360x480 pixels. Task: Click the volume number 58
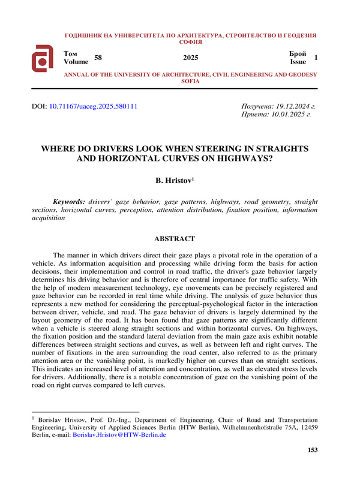[x=99, y=57]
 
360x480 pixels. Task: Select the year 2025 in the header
[x=190, y=58]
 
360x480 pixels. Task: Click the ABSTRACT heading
[x=175, y=239]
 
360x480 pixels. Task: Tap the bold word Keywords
[x=68, y=202]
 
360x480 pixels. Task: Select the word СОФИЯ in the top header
[x=190, y=43]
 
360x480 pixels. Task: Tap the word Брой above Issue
[x=298, y=53]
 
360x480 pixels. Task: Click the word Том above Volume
[x=70, y=53]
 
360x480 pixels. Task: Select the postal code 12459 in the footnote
[x=307, y=428]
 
